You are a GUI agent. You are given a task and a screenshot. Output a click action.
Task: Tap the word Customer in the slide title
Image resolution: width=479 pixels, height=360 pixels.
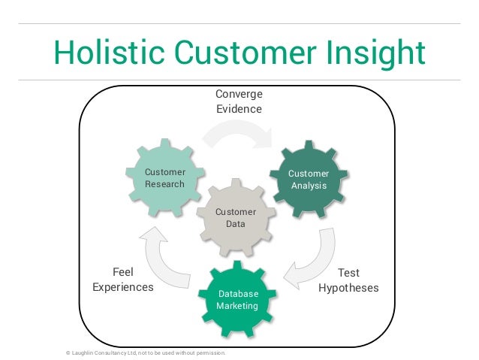point(239,53)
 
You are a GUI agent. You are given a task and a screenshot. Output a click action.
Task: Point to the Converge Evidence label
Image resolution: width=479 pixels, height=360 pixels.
point(239,101)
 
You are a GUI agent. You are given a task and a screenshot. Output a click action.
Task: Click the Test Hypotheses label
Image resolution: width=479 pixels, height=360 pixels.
point(348,280)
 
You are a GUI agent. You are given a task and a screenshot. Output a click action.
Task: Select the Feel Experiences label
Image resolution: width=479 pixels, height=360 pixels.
point(122,280)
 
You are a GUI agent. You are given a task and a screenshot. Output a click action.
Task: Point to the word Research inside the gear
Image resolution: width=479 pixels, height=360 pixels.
point(164,185)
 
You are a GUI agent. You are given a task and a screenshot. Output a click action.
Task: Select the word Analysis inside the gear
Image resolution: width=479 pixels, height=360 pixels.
point(309,186)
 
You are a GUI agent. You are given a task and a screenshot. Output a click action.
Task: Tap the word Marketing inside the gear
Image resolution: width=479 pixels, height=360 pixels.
point(237,306)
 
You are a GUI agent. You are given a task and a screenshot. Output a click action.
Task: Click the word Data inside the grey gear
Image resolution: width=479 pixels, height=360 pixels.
point(235,224)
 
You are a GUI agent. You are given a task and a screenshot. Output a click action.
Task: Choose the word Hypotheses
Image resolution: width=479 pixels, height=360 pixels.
point(348,288)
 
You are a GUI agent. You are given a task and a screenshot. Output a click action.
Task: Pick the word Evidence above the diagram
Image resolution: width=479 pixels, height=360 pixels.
point(239,109)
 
